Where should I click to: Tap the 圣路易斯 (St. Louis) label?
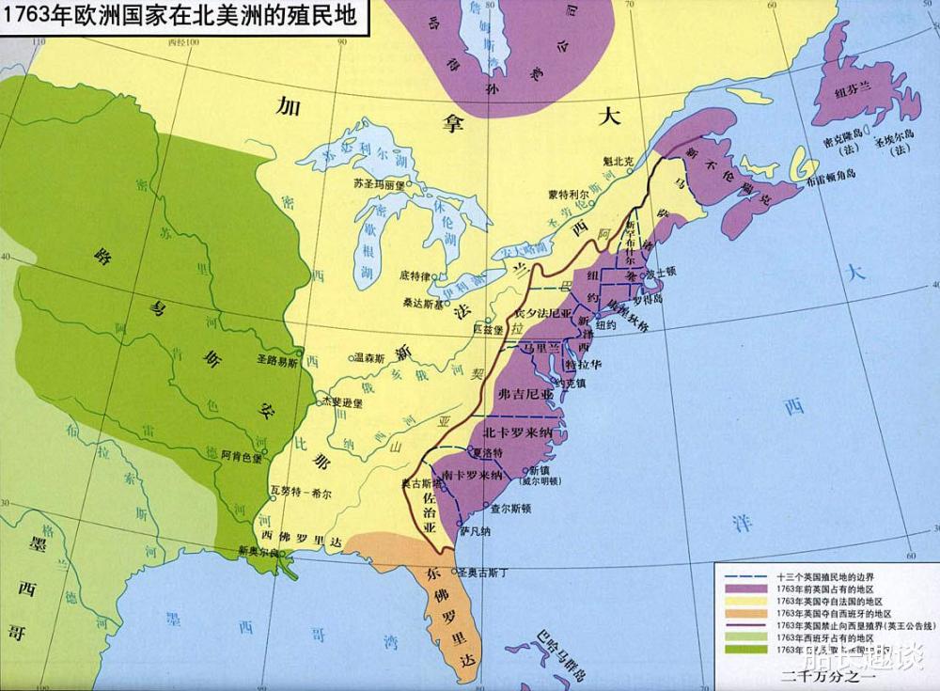[x=277, y=360]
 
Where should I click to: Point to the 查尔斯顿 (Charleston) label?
[x=511, y=508]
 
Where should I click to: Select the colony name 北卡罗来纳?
[x=520, y=433]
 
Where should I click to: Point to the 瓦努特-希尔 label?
[x=298, y=490]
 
